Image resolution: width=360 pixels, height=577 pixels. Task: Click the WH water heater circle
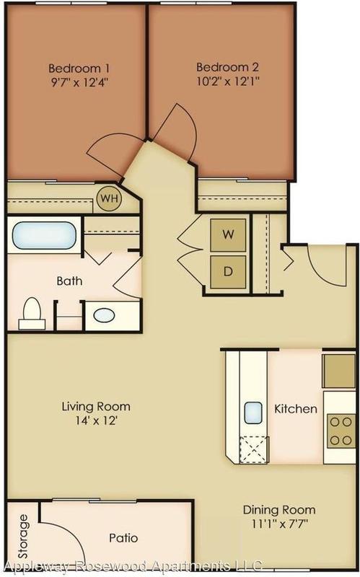click(110, 198)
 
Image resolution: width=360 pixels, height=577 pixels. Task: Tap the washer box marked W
click(228, 235)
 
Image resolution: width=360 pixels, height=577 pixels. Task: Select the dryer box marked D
click(228, 273)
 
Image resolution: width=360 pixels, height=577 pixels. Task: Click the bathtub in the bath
click(44, 236)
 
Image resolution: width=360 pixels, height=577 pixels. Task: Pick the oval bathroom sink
click(104, 315)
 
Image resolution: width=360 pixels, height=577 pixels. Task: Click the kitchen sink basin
click(253, 413)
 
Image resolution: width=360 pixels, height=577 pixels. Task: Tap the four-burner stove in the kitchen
click(341, 431)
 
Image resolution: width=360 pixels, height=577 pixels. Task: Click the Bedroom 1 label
click(79, 69)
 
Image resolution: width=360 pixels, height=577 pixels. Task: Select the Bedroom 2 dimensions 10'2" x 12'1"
click(228, 81)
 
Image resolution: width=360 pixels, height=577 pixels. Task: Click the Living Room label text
click(96, 407)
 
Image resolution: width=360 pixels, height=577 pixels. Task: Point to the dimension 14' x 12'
click(96, 420)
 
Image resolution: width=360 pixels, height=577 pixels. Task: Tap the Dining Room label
click(279, 510)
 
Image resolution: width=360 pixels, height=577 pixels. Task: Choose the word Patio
click(123, 538)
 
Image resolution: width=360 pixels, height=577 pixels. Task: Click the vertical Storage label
click(23, 536)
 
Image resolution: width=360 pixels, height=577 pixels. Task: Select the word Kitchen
click(296, 409)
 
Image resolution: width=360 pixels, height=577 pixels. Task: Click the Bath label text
click(69, 281)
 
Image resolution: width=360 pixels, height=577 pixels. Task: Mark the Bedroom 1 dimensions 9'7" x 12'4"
click(79, 82)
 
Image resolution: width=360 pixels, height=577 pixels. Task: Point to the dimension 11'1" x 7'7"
click(280, 524)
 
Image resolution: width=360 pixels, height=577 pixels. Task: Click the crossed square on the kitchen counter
click(253, 449)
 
